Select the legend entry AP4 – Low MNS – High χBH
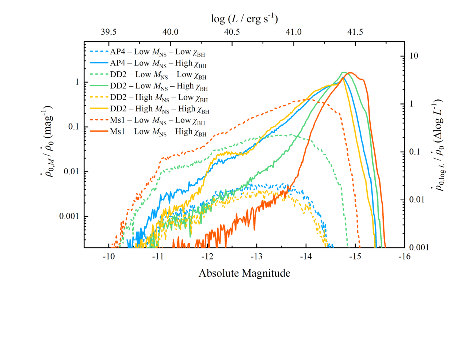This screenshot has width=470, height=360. (x=148, y=64)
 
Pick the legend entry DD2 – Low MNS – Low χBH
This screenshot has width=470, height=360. (x=148, y=75)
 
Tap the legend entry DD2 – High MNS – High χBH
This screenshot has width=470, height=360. (x=149, y=109)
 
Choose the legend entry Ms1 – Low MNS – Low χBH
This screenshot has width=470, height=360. (x=147, y=121)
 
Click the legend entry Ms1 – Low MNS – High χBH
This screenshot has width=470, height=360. (x=148, y=132)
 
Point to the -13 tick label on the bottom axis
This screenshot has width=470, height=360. (x=256, y=257)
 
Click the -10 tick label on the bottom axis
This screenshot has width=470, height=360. (x=108, y=257)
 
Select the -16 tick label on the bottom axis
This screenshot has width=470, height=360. (x=404, y=257)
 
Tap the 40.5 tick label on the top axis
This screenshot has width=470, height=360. (x=232, y=32)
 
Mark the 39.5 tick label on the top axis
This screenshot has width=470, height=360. (x=108, y=32)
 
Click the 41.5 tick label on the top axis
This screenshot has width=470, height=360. (x=355, y=32)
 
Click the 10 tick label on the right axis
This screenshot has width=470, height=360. (x=414, y=56)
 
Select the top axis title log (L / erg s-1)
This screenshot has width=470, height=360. (x=244, y=19)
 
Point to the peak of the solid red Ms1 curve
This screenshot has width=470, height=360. (x=351, y=73)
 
